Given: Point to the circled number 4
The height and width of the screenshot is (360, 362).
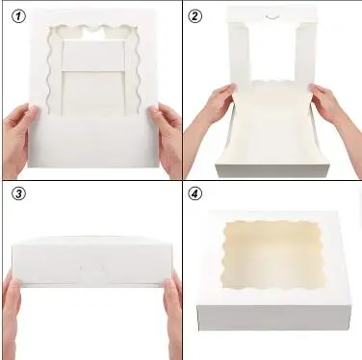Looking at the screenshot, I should (195, 193).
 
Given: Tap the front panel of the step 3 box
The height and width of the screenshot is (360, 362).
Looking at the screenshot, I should (91, 266).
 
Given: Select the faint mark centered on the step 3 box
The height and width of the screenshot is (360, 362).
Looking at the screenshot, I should (92, 264).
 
